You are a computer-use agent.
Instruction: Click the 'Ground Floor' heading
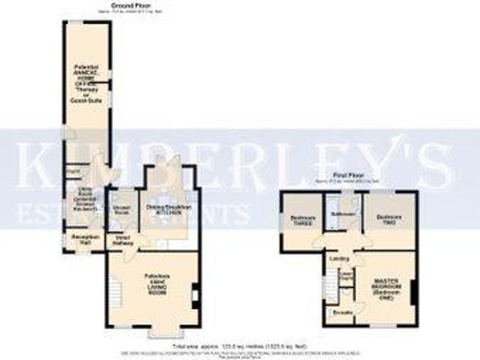127,6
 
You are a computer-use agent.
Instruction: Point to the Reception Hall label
80,240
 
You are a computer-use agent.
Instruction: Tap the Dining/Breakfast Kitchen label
169,209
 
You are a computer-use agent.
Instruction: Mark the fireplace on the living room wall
196,294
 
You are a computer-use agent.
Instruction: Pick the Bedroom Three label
301,220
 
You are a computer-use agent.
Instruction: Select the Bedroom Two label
384,220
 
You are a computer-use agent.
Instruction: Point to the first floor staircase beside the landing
328,285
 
